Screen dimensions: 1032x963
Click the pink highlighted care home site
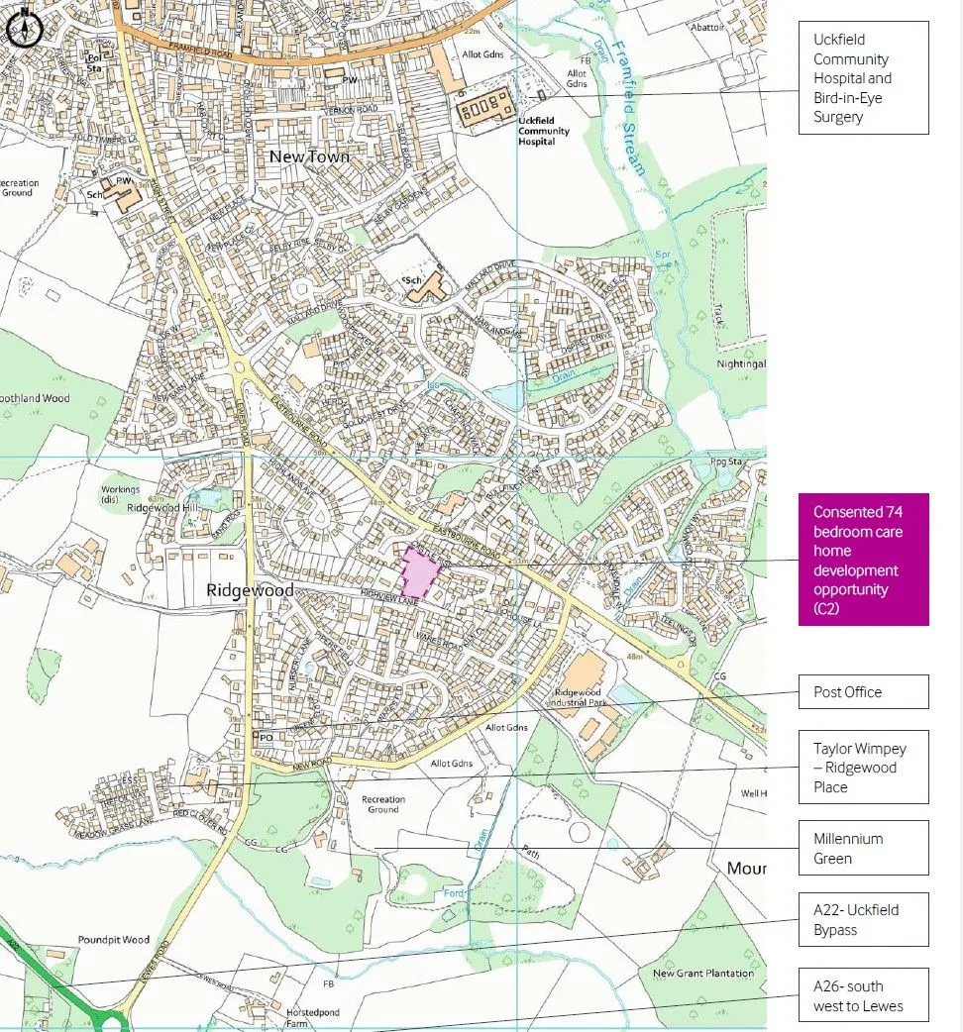click(x=420, y=573)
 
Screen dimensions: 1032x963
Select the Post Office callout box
click(x=863, y=692)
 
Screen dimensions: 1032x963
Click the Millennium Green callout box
click(x=863, y=848)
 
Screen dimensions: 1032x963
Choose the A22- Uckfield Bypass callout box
click(x=863, y=919)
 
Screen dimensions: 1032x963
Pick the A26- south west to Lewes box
click(x=863, y=995)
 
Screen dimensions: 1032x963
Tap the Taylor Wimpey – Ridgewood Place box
click(x=863, y=768)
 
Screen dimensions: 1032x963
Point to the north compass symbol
click(x=22, y=30)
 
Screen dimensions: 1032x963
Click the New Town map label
click(x=309, y=156)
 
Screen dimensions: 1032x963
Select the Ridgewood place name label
click(x=250, y=590)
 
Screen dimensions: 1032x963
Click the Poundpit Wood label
click(x=113, y=940)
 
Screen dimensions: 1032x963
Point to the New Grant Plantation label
click(x=702, y=974)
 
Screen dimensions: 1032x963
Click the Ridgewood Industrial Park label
click(x=584, y=697)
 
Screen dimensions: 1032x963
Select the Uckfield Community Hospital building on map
click(x=484, y=106)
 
